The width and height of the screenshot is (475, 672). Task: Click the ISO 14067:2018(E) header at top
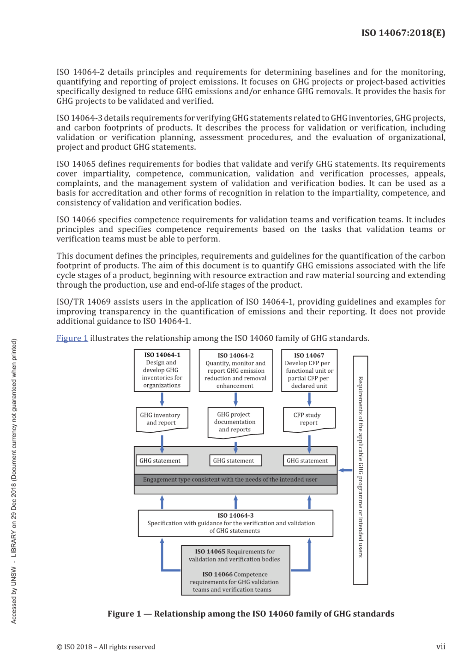(x=403, y=33)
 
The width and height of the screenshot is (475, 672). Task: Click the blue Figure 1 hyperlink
(x=72, y=338)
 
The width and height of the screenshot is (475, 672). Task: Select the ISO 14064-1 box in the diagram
(x=162, y=370)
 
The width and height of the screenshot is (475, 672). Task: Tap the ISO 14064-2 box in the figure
(x=235, y=370)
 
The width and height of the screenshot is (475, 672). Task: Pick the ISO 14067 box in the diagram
(x=309, y=370)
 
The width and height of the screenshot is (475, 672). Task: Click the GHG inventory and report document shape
(x=162, y=419)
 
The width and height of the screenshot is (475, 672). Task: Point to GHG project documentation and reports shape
(x=235, y=422)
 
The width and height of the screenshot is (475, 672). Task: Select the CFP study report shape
(x=309, y=419)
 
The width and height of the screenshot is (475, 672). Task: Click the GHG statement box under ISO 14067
(x=309, y=460)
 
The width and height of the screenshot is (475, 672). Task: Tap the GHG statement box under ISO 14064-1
(x=162, y=460)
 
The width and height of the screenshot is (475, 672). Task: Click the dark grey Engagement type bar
(x=235, y=479)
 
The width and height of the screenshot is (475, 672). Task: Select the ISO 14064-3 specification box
(x=235, y=523)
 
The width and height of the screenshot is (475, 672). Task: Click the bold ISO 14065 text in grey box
(x=210, y=551)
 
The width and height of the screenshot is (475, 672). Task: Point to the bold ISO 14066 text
(x=217, y=574)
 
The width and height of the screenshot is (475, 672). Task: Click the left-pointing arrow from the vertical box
(x=345, y=470)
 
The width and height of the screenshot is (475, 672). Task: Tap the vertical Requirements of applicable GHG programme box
(x=360, y=470)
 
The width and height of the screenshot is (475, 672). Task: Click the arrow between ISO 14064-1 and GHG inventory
(x=162, y=399)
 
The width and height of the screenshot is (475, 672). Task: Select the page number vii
(x=440, y=646)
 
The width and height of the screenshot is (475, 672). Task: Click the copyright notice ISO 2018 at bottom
(x=106, y=647)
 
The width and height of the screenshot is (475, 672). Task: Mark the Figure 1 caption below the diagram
(x=251, y=614)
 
